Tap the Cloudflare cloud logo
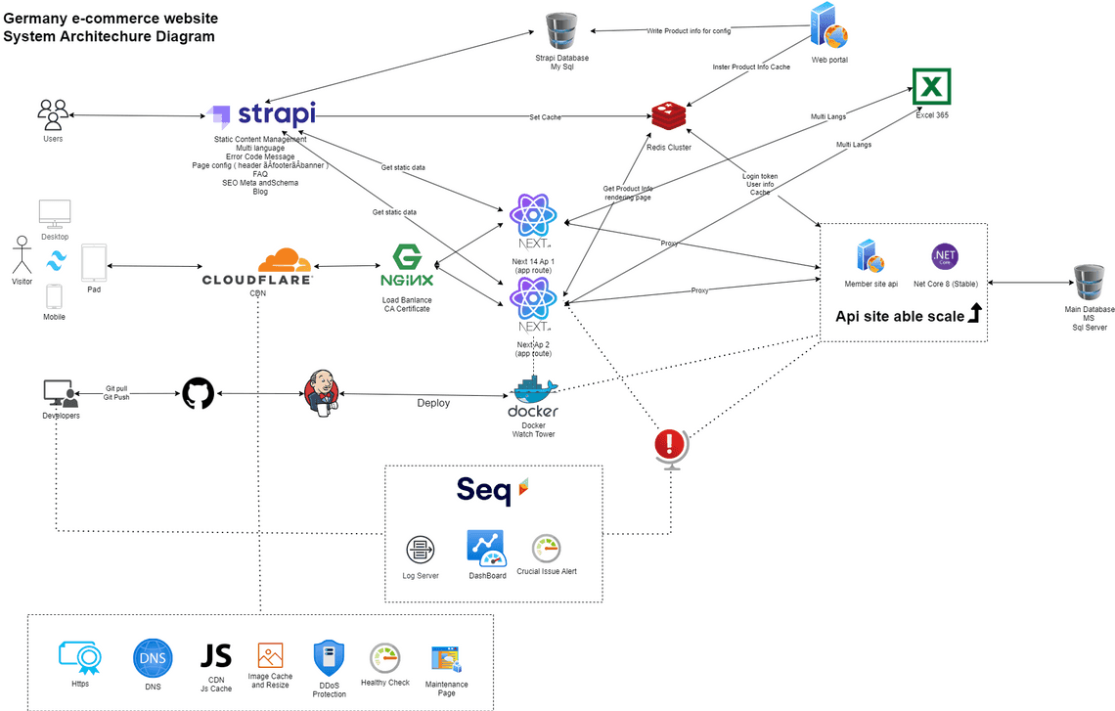click(x=285, y=261)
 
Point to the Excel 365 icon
click(x=931, y=87)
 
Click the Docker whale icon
click(x=533, y=390)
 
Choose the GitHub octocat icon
click(x=198, y=394)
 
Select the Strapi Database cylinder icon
click(x=561, y=31)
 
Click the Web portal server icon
click(x=828, y=25)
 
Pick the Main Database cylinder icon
click(x=1089, y=284)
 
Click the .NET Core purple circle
click(x=945, y=257)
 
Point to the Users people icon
click(x=53, y=113)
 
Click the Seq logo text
click(x=484, y=489)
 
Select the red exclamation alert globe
click(x=670, y=446)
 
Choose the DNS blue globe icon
click(x=153, y=658)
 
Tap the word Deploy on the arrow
click(x=433, y=402)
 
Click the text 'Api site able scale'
click(x=899, y=316)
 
